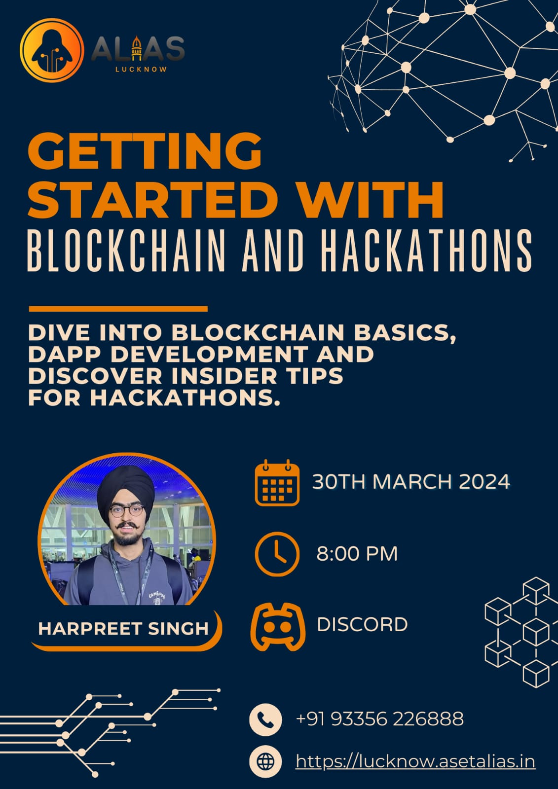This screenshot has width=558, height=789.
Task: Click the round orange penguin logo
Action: point(52,50)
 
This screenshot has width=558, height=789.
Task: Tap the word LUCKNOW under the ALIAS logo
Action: point(141,70)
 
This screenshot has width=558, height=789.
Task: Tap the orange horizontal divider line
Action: point(118,309)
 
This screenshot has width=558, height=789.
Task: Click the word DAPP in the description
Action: point(66,355)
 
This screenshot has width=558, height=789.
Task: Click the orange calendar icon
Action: point(277,483)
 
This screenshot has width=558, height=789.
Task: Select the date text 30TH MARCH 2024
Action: point(411,482)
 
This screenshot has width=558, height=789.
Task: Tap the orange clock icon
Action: point(277,554)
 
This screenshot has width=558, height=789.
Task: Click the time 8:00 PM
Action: point(357,554)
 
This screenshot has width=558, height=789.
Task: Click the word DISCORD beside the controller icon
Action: point(362,625)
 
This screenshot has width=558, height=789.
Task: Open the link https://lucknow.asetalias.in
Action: point(415,761)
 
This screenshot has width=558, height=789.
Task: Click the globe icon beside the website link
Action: point(265,762)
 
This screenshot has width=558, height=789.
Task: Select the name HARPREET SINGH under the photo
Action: point(123,629)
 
